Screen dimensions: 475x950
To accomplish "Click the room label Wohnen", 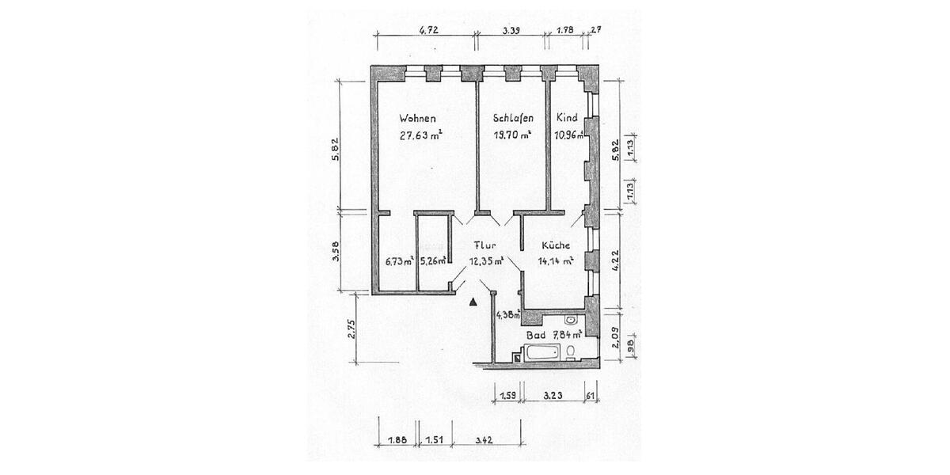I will [x=416, y=118].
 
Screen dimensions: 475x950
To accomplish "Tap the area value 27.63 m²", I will [x=420, y=135].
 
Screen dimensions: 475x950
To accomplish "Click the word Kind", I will [x=566, y=118].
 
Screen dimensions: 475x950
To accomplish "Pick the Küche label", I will [x=555, y=245].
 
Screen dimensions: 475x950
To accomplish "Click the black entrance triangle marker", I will [x=473, y=302].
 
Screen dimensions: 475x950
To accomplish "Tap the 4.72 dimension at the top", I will [x=428, y=31].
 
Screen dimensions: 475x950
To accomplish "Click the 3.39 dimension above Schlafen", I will [x=511, y=31].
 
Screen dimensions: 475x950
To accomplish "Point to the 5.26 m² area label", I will [x=433, y=261].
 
